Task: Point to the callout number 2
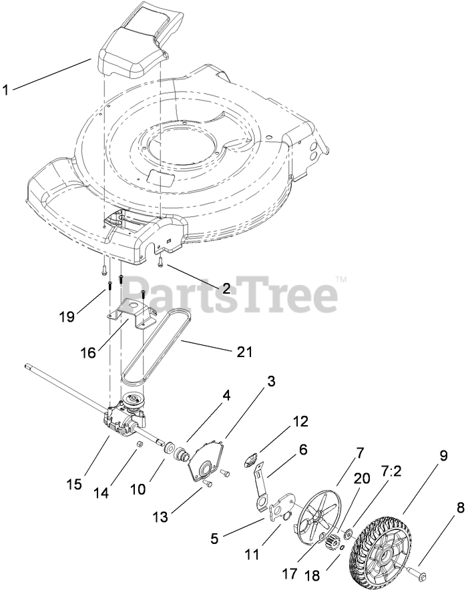[x=207, y=288]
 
